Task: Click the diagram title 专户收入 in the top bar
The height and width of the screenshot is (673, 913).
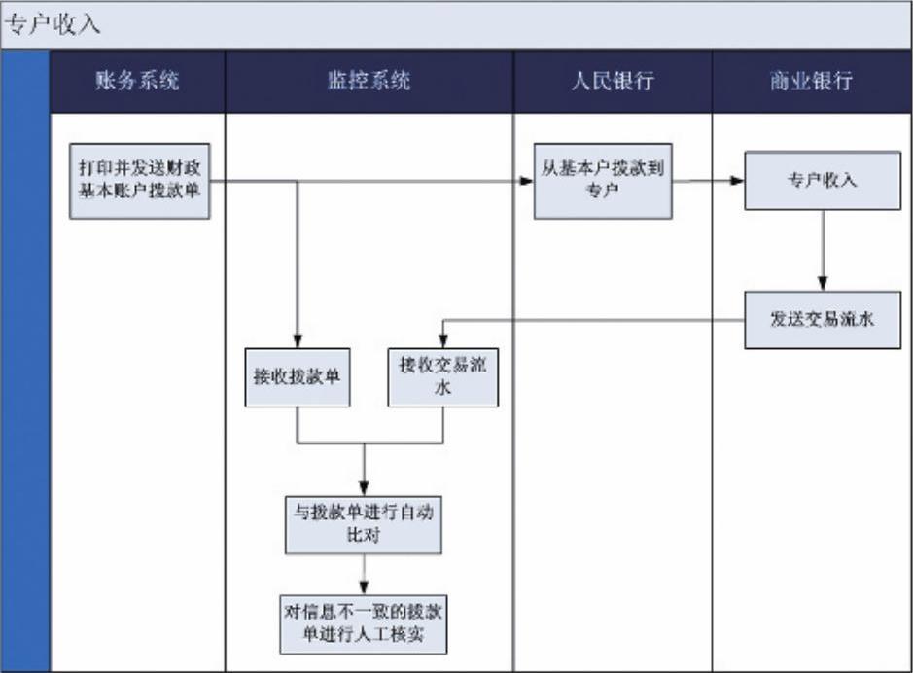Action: click(53, 25)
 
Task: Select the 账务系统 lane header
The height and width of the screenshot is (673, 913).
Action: click(137, 81)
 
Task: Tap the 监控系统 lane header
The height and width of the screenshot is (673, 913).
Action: click(369, 81)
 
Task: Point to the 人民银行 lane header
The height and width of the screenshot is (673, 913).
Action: click(613, 81)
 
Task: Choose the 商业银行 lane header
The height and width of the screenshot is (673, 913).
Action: click(812, 81)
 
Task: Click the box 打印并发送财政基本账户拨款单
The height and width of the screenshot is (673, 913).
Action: click(140, 181)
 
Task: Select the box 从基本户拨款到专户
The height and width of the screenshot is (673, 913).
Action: click(603, 181)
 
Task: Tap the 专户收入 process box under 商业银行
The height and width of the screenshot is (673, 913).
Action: click(823, 181)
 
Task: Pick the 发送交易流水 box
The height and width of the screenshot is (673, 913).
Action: click(823, 320)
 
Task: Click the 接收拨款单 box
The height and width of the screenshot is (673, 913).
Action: click(297, 377)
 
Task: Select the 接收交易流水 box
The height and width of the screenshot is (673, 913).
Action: click(443, 377)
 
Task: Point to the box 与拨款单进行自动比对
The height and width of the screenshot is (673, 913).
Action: click(364, 524)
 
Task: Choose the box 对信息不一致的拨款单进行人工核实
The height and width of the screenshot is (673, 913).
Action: click(364, 624)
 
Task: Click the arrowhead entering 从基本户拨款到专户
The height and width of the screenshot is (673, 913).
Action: click(527, 181)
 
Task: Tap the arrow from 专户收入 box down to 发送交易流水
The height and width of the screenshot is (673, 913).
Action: click(823, 250)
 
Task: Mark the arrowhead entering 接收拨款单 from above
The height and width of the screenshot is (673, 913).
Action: click(298, 341)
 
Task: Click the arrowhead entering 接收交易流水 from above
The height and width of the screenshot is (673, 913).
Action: click(443, 341)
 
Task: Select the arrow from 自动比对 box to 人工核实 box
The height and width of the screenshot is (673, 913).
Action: click(364, 574)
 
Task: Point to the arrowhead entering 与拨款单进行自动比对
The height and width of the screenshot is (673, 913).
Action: click(364, 489)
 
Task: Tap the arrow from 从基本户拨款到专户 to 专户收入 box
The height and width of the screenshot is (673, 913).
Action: click(708, 181)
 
